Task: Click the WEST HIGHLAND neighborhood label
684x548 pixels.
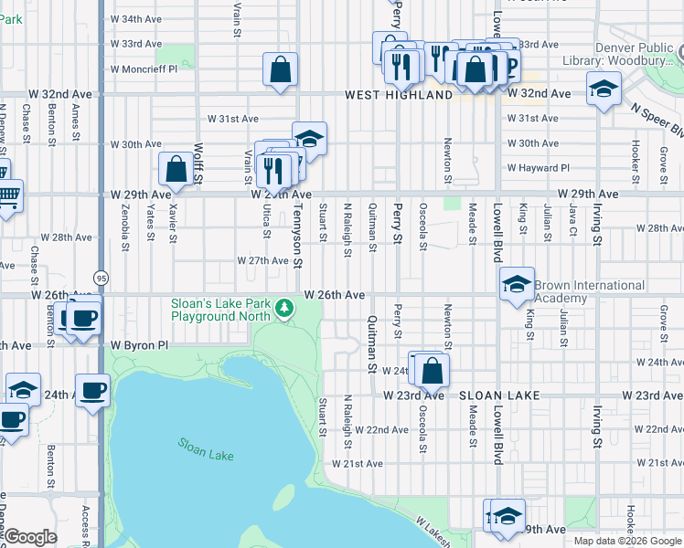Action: (399, 95)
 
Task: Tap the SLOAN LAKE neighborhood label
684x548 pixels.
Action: (500, 395)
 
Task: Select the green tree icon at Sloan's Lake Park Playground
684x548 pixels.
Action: (285, 309)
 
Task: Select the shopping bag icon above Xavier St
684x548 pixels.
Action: (176, 169)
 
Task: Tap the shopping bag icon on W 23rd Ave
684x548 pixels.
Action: (433, 369)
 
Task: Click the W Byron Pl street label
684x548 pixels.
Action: (140, 346)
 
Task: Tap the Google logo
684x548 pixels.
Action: (30, 537)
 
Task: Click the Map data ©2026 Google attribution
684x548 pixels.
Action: (627, 541)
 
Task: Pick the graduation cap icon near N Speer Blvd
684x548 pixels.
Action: (603, 90)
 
